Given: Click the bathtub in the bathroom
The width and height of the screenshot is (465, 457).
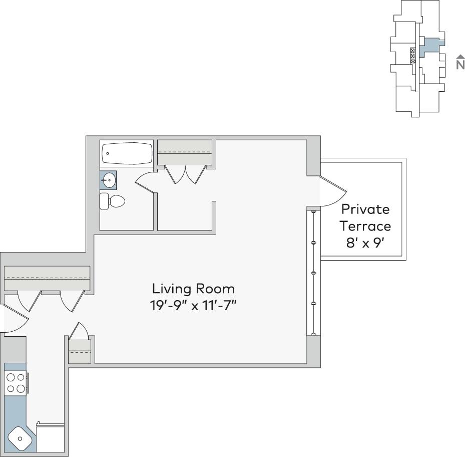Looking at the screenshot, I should coord(127,154).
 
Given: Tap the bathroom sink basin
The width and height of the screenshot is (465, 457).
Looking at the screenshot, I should coord(109,180).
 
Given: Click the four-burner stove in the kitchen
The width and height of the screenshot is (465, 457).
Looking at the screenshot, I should coord(16,383).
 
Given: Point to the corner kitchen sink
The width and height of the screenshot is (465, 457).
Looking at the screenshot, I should coord(21,439).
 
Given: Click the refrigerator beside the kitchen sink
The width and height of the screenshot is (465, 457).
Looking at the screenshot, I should coord(51,438).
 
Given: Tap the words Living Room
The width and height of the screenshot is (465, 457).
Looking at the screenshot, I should coord(193,289).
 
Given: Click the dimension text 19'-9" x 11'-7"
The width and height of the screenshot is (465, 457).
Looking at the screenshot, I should coord(193,305).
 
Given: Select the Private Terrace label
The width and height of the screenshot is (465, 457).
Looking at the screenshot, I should coord(365,217).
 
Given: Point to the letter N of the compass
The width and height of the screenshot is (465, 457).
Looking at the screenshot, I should coord(460,65).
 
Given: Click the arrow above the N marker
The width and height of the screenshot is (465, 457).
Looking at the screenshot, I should coord(460,57).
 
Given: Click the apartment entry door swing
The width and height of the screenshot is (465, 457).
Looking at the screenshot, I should coord(14,319).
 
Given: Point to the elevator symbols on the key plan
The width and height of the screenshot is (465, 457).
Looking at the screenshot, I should coord(413,55).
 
